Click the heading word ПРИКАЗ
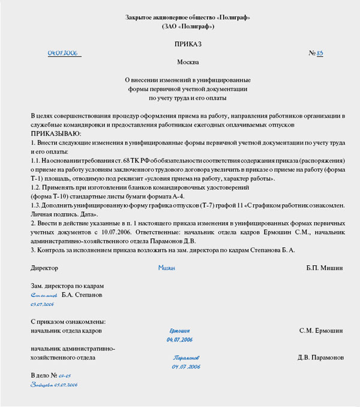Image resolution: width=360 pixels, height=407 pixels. (x=188, y=44)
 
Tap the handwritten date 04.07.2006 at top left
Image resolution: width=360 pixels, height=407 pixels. (x=63, y=53)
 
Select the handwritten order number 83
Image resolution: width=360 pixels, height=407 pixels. (x=320, y=53)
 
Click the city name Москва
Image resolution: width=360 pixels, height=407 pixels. (x=188, y=62)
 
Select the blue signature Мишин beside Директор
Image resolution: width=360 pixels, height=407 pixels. (x=167, y=268)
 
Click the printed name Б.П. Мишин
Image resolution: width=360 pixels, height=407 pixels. (x=325, y=268)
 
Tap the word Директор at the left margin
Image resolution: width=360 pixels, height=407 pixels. (x=44, y=268)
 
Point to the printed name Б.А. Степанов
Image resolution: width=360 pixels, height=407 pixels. (x=82, y=295)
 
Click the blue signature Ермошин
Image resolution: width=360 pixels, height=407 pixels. (x=179, y=331)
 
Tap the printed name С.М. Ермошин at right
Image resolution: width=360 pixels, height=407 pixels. (x=321, y=330)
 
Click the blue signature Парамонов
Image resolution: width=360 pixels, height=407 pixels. (x=186, y=357)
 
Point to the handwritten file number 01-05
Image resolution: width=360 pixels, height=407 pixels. (x=65, y=376)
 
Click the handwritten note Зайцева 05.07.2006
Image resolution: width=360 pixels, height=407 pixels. (x=53, y=385)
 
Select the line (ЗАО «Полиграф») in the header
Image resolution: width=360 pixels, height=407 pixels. (x=188, y=27)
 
